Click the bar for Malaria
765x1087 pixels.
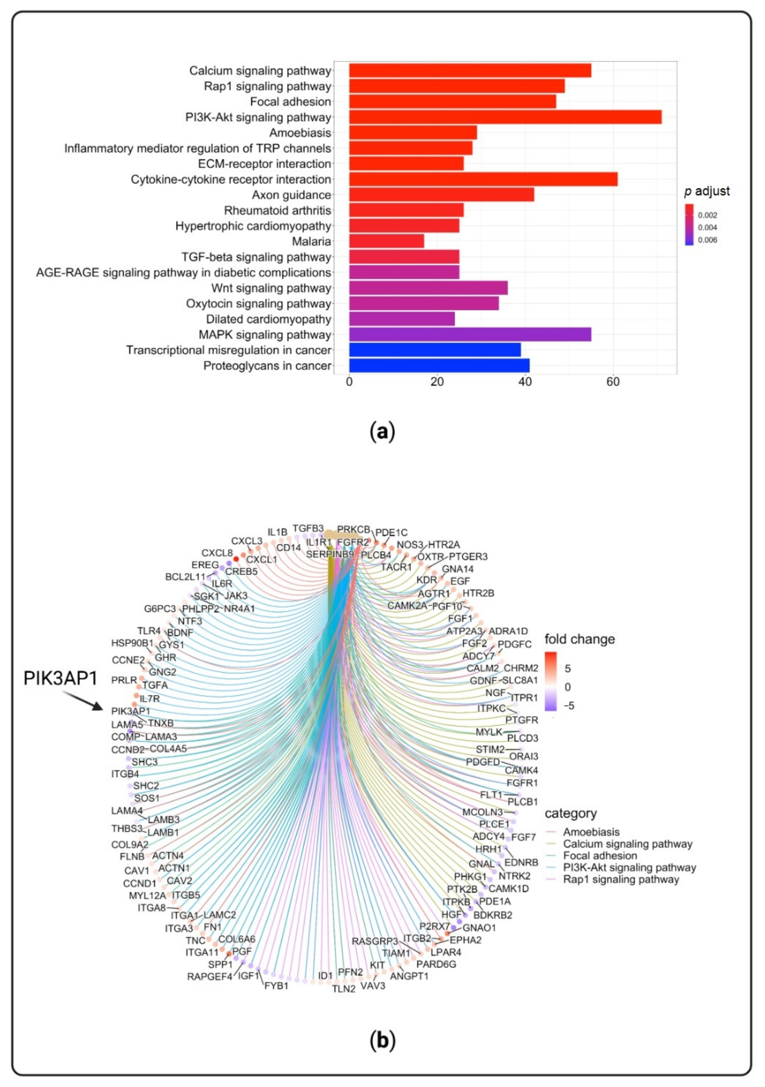[x=386, y=242]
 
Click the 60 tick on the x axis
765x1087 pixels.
[x=613, y=382]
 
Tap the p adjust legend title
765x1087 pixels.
[x=707, y=191]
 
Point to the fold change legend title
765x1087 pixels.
[x=580, y=639]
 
